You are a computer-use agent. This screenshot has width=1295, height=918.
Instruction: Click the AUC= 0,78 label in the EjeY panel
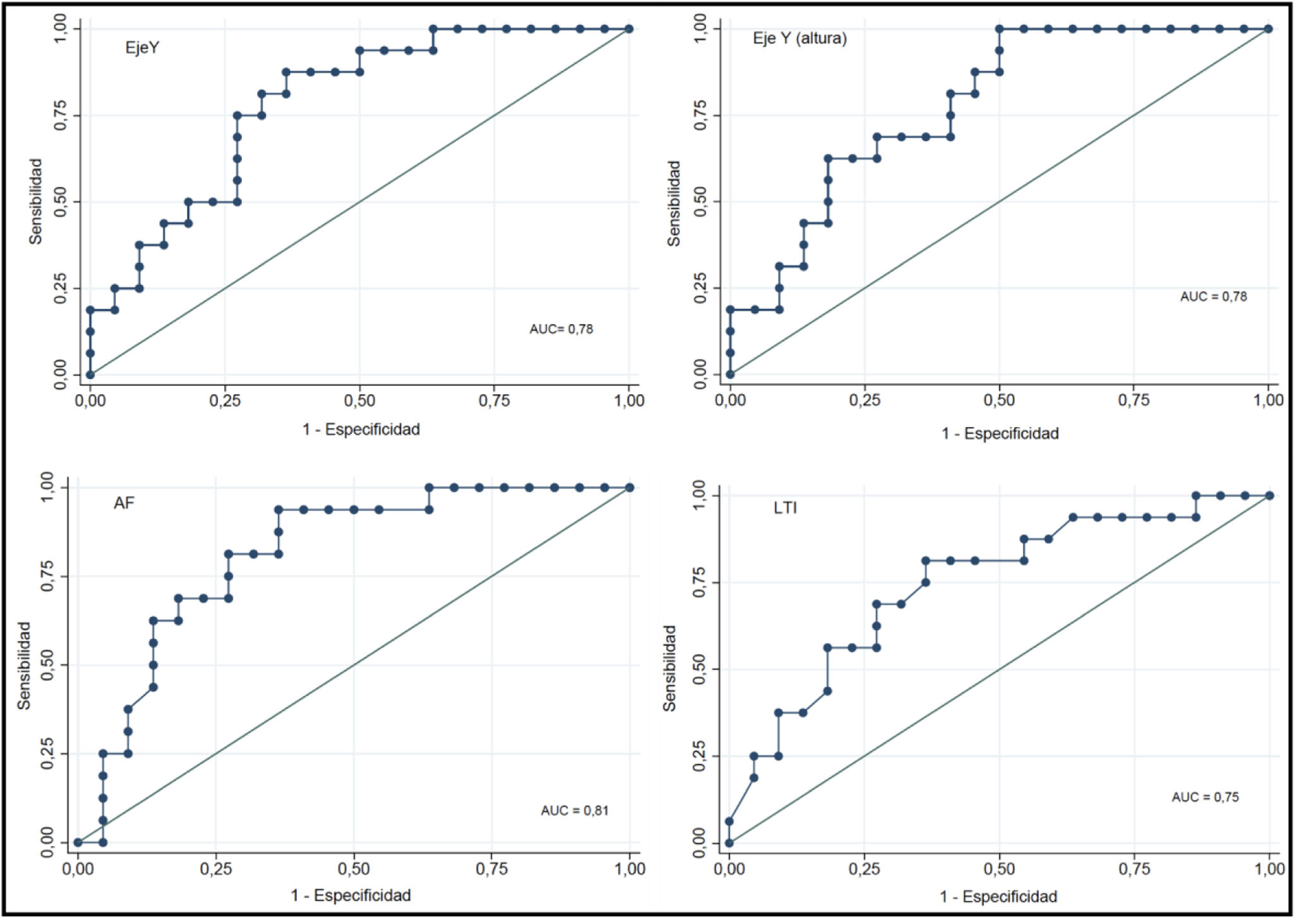[561, 329]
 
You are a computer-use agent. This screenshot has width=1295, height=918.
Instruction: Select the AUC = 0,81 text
[574, 811]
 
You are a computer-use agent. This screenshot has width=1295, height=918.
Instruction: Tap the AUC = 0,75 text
[1205, 797]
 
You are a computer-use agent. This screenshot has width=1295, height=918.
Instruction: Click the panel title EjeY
[142, 48]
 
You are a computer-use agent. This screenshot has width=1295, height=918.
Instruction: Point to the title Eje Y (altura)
[799, 39]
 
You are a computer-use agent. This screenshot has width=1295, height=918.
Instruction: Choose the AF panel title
[124, 503]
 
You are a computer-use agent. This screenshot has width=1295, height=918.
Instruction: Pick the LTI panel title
[785, 508]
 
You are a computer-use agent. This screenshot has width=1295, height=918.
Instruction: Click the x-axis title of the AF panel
[351, 895]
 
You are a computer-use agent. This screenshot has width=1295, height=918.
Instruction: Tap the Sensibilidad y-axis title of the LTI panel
[670, 668]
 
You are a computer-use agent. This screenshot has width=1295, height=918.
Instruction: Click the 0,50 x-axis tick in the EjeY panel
[359, 401]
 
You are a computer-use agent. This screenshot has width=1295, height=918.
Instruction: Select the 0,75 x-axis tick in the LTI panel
[1134, 869]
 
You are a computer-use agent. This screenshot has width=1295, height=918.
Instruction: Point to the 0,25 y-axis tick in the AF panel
[47, 754]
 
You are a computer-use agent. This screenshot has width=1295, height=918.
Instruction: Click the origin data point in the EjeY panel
[90, 375]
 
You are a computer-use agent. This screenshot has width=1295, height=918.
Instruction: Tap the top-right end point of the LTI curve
[1270, 496]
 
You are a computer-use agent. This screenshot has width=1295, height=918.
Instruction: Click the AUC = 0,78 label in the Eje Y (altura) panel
[1214, 296]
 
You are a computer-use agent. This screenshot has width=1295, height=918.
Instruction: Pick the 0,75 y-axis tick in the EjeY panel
[61, 116]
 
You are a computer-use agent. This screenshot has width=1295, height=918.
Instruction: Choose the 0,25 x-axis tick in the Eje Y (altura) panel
[864, 401]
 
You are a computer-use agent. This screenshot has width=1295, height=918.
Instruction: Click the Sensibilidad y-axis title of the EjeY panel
[36, 202]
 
